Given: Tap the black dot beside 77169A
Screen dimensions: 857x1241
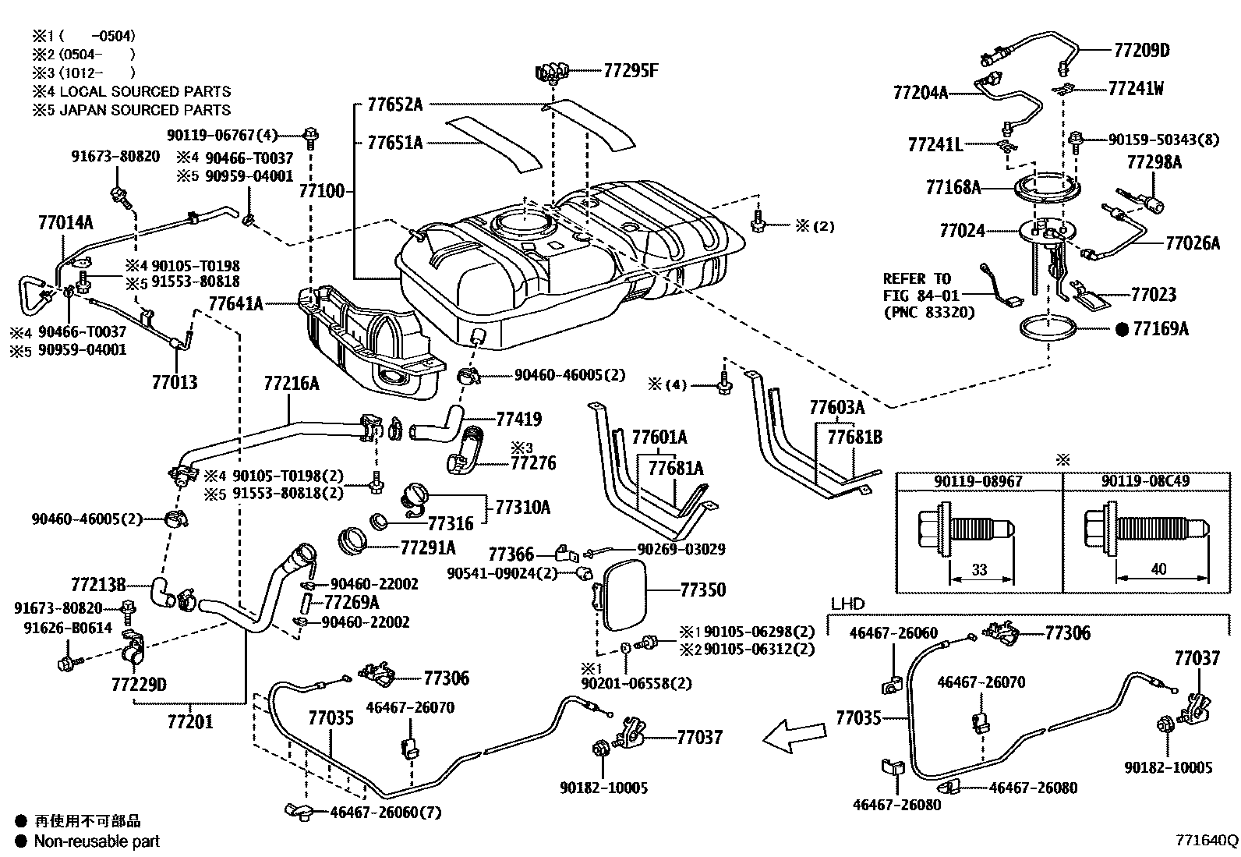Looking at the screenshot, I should point(1123,329).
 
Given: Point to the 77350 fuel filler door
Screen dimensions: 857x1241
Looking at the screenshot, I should point(624,597).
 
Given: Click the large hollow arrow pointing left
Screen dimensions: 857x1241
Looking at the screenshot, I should point(794,735).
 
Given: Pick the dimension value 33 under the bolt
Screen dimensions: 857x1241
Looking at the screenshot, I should point(980,569).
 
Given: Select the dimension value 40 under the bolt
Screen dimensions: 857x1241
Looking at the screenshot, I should point(1158,569).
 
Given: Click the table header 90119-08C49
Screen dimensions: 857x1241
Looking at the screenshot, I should point(1145,481).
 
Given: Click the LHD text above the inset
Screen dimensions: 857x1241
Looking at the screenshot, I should point(847,604).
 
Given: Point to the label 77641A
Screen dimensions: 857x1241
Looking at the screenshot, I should point(235,303).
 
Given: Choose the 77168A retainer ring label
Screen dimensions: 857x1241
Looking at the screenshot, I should point(953,187).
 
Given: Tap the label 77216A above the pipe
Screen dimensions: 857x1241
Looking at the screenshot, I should point(291,384).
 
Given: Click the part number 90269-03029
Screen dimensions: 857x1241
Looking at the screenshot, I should point(681,550).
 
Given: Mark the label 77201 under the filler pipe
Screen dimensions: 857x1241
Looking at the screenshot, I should point(189,721).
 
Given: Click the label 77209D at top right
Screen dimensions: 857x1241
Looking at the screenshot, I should point(1141,51).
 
